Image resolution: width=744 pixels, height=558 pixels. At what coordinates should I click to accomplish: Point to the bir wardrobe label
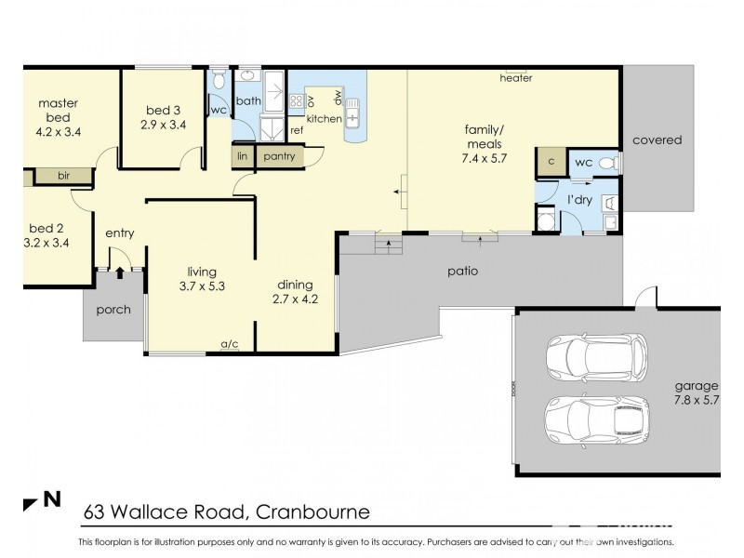tap(63, 175)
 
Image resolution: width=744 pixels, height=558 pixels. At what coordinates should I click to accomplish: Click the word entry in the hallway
tap(119, 233)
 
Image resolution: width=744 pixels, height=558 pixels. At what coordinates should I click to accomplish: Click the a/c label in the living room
tap(230, 344)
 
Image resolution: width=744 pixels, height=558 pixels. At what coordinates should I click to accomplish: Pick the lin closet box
tap(243, 156)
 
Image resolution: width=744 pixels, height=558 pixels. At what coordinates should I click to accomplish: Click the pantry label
tap(278, 156)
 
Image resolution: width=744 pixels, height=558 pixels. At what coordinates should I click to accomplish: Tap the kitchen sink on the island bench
tap(353, 118)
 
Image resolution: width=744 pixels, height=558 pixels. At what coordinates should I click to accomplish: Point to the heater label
tap(515, 79)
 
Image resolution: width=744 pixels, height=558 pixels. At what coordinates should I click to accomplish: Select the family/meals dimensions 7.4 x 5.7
tap(484, 159)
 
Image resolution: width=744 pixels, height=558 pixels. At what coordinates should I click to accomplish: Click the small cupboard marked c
tap(550, 163)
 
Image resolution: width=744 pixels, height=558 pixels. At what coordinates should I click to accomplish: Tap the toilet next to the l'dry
tap(607, 164)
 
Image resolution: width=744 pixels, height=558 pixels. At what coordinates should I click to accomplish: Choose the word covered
tap(657, 140)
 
